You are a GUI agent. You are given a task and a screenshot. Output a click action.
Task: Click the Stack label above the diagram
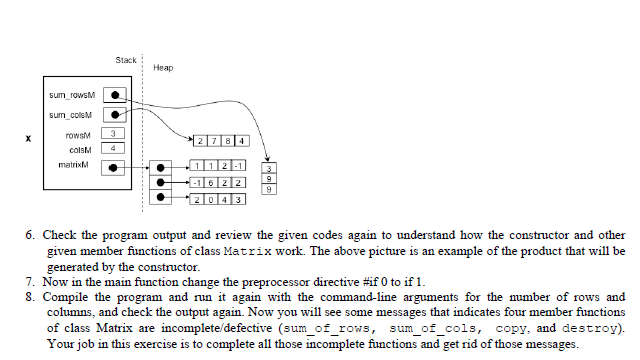point(126,60)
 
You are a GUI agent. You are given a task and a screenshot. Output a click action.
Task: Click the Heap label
point(163,67)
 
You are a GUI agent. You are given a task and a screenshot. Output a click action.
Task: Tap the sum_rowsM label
point(71,96)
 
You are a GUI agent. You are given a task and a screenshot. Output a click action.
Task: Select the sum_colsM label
point(71,115)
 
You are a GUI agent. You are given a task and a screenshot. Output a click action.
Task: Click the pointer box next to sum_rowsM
point(117,96)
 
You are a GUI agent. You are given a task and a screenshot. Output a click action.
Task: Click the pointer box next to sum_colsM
point(117,115)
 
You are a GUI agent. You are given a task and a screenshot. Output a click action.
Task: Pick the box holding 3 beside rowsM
point(116,133)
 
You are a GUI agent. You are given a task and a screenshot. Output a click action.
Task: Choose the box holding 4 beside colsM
point(116,148)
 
